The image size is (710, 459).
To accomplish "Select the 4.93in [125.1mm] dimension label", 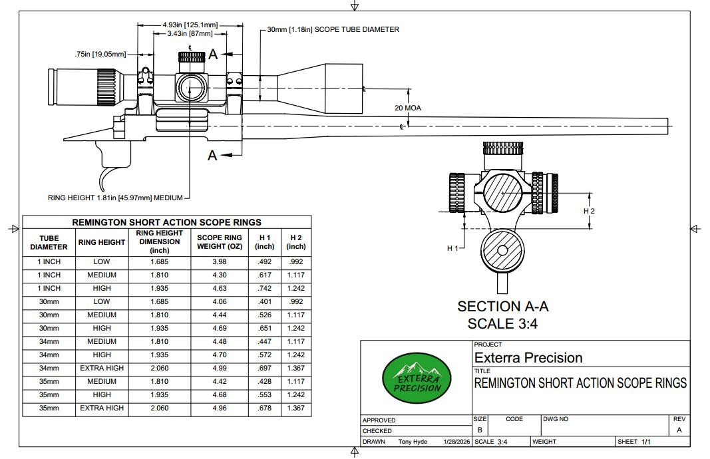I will (190, 25).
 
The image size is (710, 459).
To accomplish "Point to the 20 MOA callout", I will (408, 108).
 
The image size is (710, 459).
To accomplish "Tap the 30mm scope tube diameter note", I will (333, 30).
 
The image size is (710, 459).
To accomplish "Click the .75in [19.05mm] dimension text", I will (100, 55).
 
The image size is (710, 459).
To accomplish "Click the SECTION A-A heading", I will (502, 307).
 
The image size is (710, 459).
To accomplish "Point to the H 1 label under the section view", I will (452, 248).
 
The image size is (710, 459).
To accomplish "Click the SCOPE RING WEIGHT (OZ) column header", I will (220, 241).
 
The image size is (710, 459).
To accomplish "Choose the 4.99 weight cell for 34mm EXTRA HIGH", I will (220, 368).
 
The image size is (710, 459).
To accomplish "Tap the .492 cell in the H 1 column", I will (265, 261).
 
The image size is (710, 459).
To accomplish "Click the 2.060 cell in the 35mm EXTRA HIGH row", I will (159, 408).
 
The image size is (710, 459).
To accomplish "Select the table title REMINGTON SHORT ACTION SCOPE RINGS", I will (166, 222).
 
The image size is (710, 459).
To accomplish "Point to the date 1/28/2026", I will (456, 442).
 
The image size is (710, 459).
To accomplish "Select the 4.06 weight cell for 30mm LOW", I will (220, 301).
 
